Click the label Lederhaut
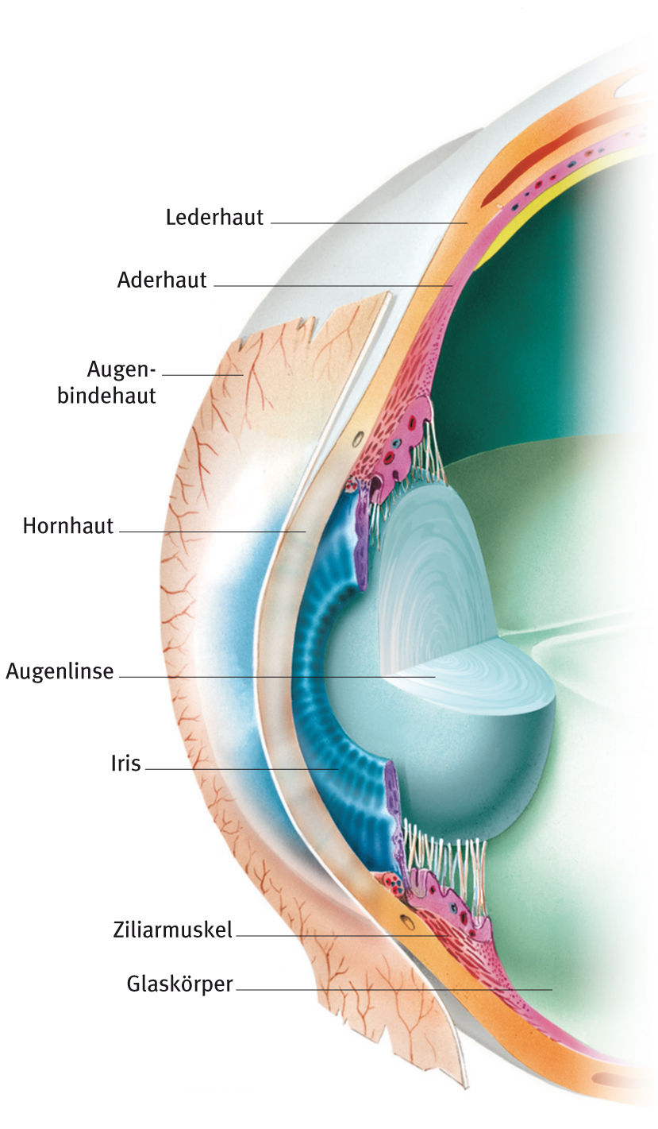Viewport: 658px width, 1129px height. pos(214,217)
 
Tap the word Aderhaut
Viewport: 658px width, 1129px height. pos(162,280)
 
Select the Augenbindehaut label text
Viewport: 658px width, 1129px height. pos(108,381)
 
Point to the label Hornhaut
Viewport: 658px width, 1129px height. pos(68,525)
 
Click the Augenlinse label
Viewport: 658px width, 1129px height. pos(60,671)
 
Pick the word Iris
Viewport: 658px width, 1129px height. pos(125,764)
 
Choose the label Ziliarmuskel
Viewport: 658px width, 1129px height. pos(173,930)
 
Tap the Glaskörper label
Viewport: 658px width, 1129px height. pos(179,984)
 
